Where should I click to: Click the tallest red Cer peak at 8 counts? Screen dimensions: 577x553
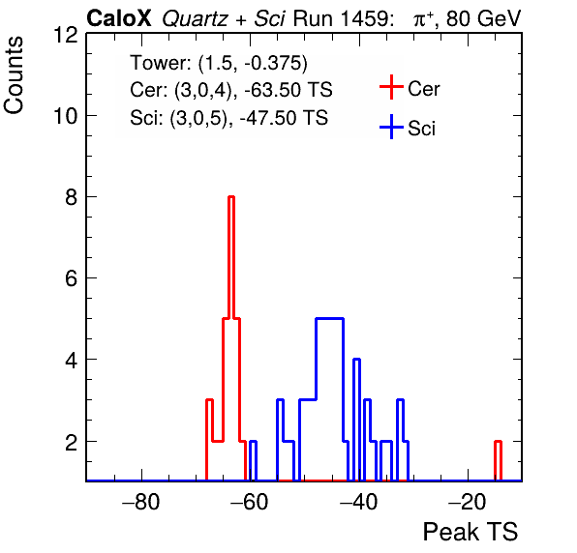point(231,197)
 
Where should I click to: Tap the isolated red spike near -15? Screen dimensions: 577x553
point(498,442)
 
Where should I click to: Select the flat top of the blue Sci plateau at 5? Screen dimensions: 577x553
point(330,319)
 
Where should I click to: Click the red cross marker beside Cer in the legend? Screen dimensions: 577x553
point(391,87)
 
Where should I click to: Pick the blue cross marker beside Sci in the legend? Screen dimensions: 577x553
point(391,127)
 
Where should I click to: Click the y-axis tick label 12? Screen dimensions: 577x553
point(66,35)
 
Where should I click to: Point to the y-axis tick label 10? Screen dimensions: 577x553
point(66,116)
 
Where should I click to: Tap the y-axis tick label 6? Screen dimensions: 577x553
point(72,278)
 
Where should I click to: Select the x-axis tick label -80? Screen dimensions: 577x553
point(141,502)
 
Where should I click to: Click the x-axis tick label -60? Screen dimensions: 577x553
point(250,502)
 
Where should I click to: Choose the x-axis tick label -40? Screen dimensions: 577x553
point(358,502)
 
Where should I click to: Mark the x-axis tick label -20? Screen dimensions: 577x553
point(468,502)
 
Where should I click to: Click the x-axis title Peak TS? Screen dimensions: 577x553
point(471,532)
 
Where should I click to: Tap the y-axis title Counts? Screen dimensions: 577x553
point(14,75)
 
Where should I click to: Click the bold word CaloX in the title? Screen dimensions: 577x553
point(119,18)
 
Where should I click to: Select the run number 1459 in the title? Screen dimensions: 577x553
point(364,18)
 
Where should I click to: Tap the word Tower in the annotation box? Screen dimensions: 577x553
point(159,63)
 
